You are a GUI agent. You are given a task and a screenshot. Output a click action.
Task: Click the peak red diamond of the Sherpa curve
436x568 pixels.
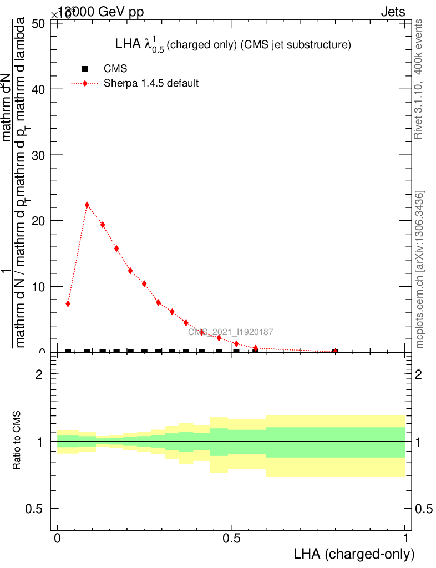point(87,205)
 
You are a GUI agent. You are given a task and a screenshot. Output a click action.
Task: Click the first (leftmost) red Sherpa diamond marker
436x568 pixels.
point(68,303)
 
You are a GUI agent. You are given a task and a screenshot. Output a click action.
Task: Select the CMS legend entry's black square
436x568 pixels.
point(85,69)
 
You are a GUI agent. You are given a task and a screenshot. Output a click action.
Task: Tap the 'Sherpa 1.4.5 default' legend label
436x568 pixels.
point(151,84)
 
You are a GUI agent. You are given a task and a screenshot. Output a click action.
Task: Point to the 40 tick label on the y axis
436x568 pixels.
point(38,89)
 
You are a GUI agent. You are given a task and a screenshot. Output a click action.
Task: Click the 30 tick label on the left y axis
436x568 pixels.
point(38,155)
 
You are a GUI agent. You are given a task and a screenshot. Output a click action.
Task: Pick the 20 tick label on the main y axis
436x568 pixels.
point(38,221)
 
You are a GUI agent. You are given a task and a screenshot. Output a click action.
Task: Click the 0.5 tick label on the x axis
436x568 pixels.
point(231,539)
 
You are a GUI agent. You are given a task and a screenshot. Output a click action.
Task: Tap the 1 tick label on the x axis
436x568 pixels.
point(406,539)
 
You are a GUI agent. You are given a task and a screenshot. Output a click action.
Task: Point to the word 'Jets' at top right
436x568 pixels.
point(392,12)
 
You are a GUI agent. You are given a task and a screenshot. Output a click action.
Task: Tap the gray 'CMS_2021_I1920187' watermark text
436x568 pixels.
point(230,332)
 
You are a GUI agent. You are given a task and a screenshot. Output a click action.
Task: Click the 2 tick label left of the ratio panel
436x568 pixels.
point(39,374)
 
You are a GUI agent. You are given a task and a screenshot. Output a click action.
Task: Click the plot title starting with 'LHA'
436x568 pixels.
point(232,45)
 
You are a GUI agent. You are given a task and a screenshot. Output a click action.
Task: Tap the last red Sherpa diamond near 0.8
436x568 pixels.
point(335,351)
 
